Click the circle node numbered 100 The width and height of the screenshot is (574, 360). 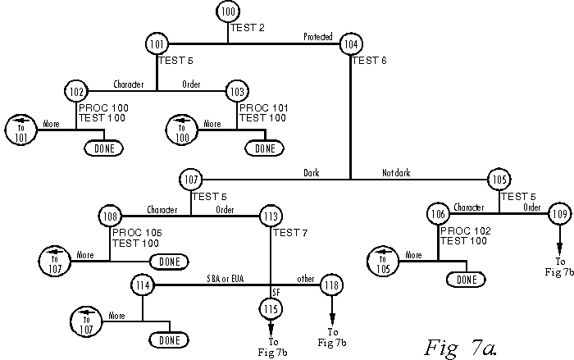(x=228, y=13)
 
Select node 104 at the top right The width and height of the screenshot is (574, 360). (x=351, y=43)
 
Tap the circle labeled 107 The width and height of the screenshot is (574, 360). (x=191, y=179)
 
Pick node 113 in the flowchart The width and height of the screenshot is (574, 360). (x=271, y=216)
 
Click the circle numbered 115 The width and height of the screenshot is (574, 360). (x=271, y=308)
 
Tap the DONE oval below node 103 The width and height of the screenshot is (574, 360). (x=264, y=148)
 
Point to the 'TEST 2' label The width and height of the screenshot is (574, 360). (x=247, y=28)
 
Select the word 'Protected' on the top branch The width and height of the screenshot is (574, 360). (x=318, y=37)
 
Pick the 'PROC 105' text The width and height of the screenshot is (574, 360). (x=137, y=233)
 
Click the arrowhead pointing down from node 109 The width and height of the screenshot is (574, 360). (x=559, y=248)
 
